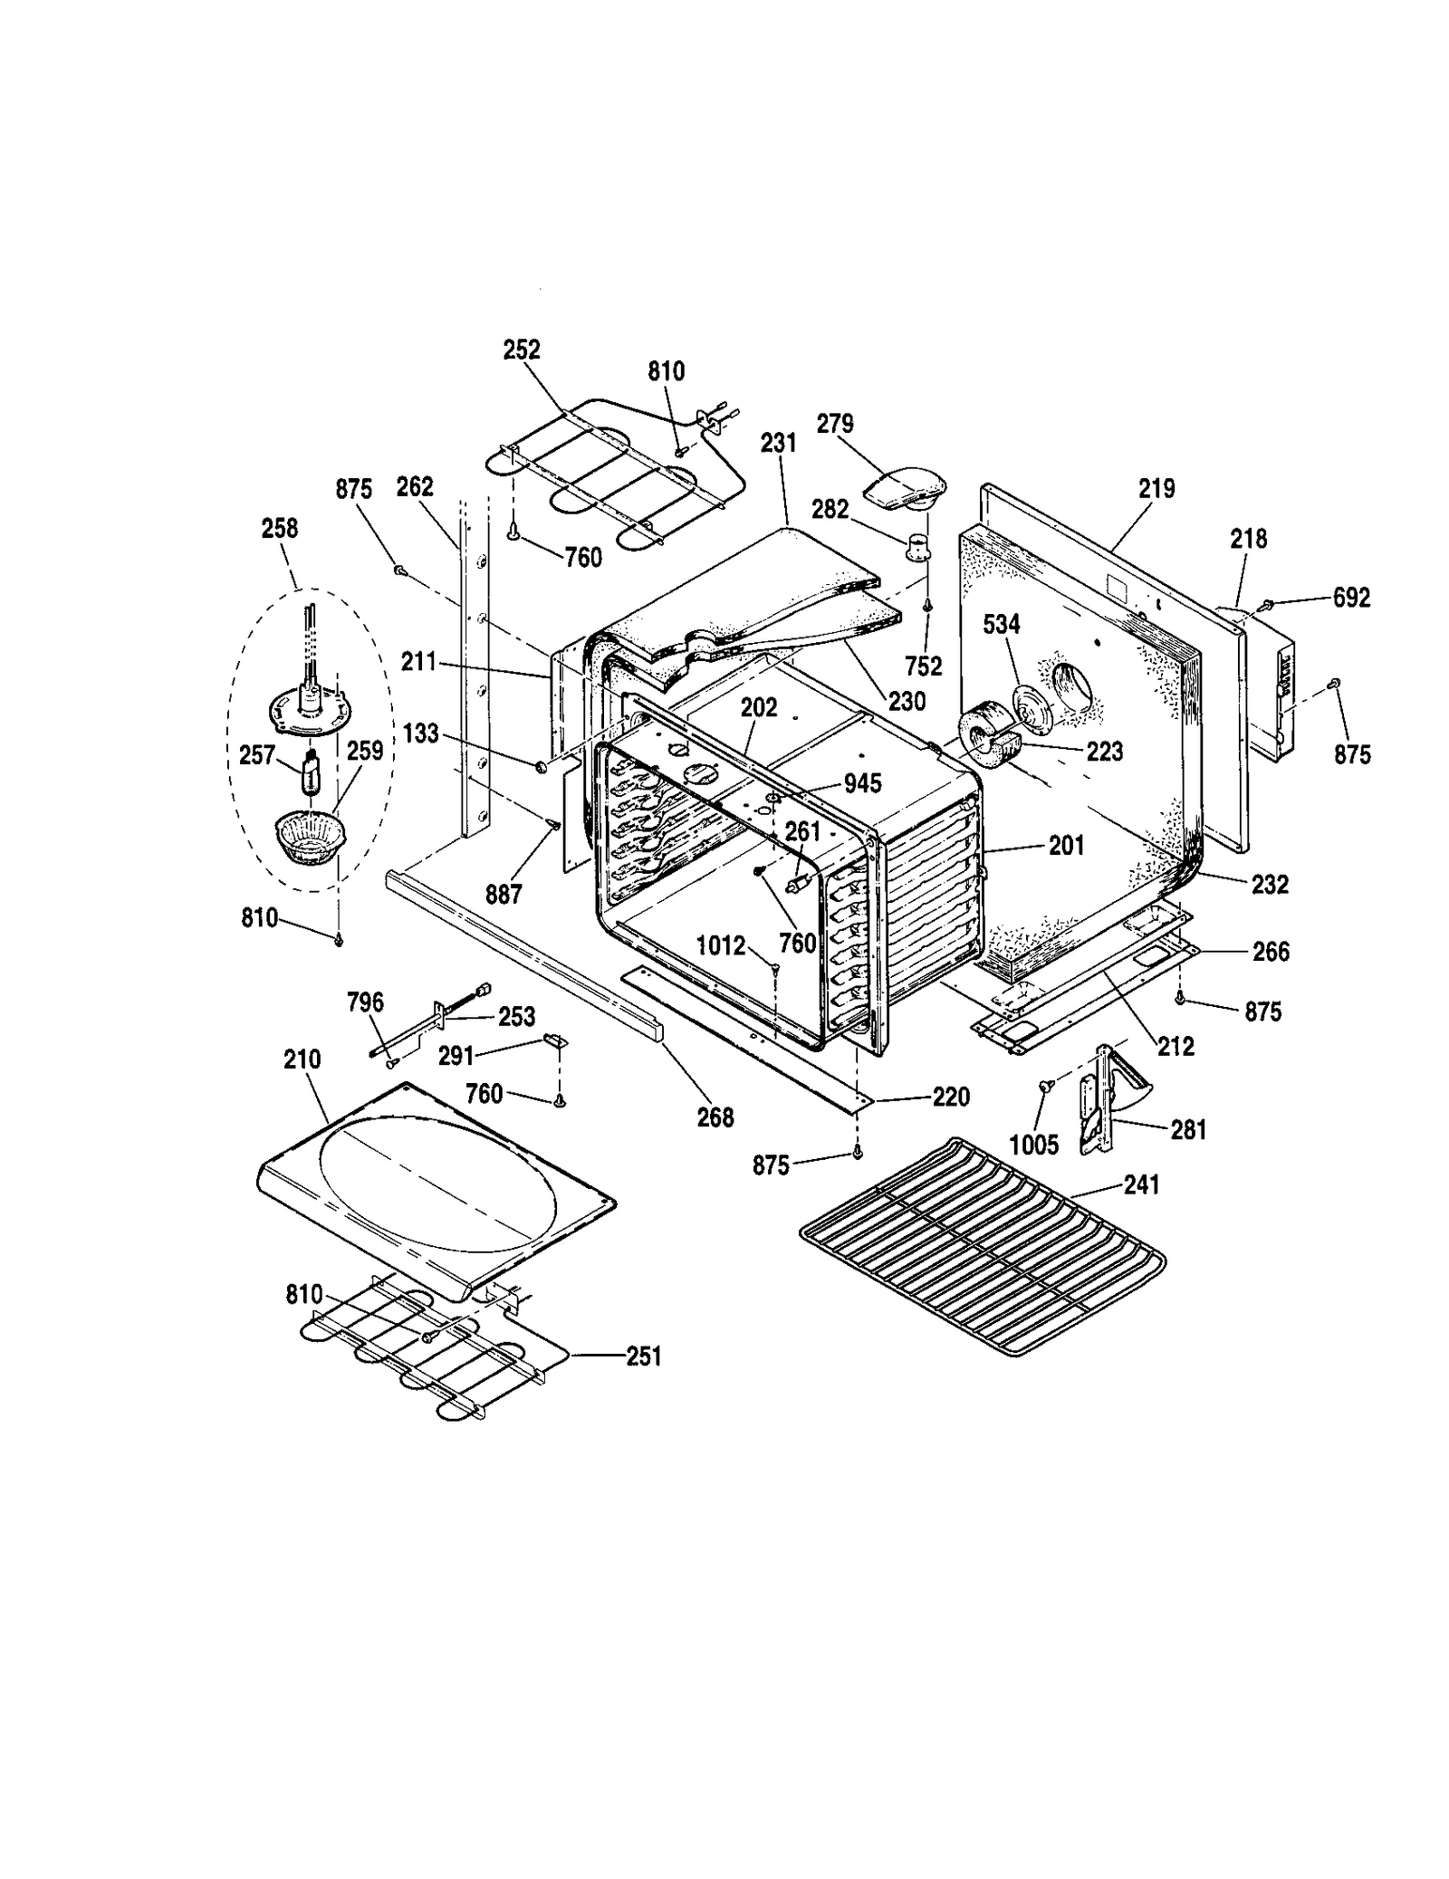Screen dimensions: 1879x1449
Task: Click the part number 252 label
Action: (x=522, y=350)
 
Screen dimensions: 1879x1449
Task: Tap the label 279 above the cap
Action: (x=835, y=424)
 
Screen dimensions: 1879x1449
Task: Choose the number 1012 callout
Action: (x=721, y=946)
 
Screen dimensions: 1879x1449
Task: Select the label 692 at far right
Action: (x=1351, y=598)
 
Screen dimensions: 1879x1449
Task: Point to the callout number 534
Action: (x=1002, y=624)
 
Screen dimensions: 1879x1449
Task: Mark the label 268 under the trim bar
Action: (x=715, y=1117)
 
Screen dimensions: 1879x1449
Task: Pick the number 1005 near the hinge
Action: (x=1034, y=1145)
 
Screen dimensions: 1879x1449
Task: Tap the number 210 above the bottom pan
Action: (x=302, y=1059)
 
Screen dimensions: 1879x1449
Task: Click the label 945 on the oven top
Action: (x=862, y=783)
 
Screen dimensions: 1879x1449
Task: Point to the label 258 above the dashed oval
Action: (x=279, y=528)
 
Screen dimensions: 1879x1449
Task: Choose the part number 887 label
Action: (x=504, y=894)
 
